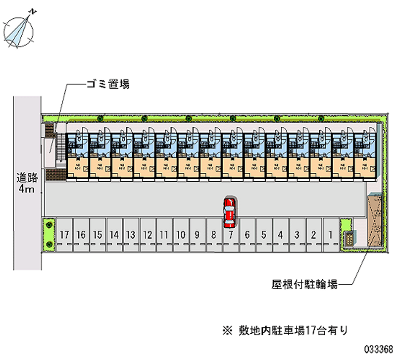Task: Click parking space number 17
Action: click(x=63, y=235)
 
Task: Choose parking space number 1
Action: click(x=330, y=235)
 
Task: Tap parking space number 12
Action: click(x=147, y=235)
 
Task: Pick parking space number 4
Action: click(x=280, y=235)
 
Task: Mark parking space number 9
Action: click(x=197, y=235)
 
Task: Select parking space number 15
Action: click(x=97, y=235)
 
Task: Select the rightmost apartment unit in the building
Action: click(x=365, y=154)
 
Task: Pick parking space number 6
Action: click(x=247, y=235)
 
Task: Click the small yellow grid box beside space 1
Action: click(x=349, y=238)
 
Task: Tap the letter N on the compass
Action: click(x=33, y=10)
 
